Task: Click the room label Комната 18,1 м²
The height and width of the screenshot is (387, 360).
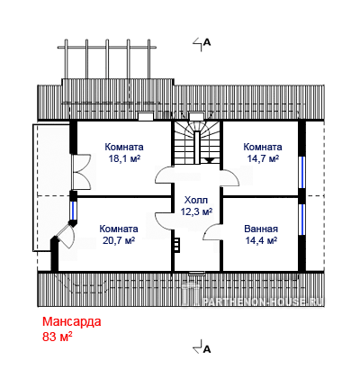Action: [x=124, y=152]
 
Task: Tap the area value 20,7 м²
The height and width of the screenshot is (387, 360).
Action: [x=119, y=240]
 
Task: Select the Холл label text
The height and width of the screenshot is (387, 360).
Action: [x=196, y=200]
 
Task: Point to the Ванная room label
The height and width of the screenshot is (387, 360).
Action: [x=261, y=229]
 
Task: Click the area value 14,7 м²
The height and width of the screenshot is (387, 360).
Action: [x=263, y=158]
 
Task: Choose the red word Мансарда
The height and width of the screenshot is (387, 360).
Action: [x=72, y=321]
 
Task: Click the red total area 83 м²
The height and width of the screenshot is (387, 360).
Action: [x=58, y=337]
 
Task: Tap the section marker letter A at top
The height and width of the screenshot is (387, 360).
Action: [x=207, y=42]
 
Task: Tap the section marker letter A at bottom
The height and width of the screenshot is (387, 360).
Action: [x=207, y=349]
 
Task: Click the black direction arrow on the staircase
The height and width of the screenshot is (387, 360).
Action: [x=210, y=160]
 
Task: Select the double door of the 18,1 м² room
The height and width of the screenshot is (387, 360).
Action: [x=81, y=172]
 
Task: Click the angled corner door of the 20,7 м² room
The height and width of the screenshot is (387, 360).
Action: [x=65, y=237]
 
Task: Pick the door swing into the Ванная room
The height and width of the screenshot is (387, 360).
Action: [x=212, y=232]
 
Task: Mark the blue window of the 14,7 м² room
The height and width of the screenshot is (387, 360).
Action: [x=302, y=172]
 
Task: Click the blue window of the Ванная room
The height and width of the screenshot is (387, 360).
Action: [x=302, y=219]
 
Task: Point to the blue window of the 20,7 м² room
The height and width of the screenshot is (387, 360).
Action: [x=74, y=211]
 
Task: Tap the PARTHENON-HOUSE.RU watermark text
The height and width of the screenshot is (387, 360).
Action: [x=263, y=301]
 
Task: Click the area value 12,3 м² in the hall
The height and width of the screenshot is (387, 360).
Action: [x=196, y=211]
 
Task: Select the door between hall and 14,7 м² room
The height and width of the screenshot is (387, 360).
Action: [x=229, y=179]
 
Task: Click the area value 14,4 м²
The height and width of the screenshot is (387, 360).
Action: [x=261, y=240]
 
